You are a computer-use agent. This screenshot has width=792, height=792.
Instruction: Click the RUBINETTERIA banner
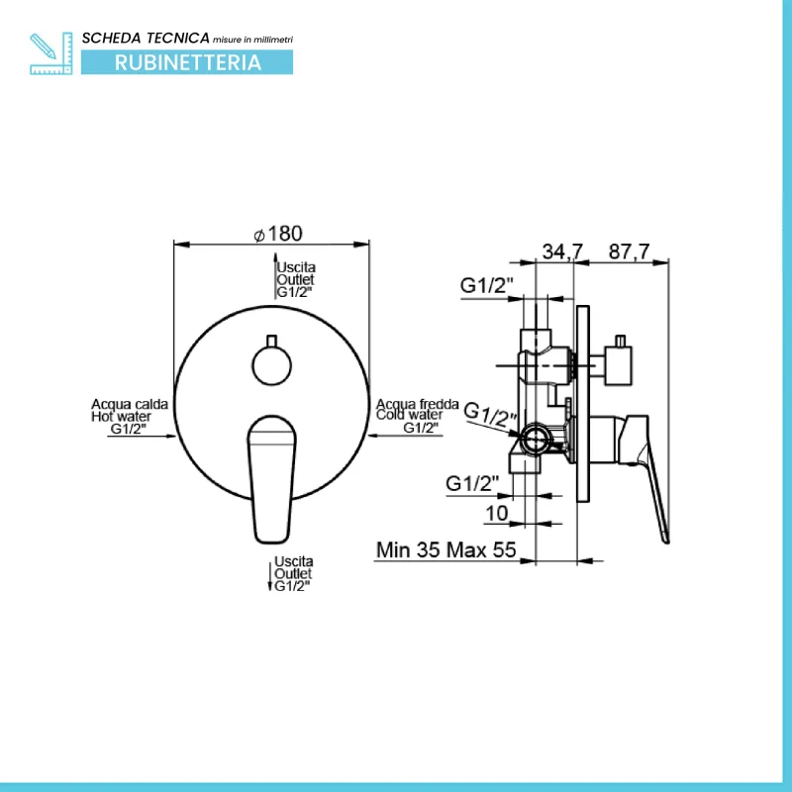click(x=187, y=62)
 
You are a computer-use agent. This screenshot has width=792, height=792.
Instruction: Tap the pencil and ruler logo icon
click(x=51, y=53)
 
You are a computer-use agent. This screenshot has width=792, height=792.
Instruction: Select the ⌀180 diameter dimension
click(x=278, y=234)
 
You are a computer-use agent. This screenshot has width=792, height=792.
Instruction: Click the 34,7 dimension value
click(x=562, y=251)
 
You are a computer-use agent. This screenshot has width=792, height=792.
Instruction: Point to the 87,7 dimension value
click(x=629, y=251)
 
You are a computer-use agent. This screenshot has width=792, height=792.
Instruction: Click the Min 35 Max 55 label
click(x=446, y=549)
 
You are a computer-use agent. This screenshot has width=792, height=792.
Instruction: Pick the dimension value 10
click(x=497, y=513)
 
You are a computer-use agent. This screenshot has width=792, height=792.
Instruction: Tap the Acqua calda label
click(x=130, y=404)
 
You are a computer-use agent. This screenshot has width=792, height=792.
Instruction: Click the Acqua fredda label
click(x=417, y=404)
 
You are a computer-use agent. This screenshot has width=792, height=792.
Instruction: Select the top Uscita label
click(x=296, y=267)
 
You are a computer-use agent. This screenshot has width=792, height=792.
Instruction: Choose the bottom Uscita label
click(x=293, y=561)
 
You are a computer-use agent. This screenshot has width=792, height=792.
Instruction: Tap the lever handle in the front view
click(x=271, y=479)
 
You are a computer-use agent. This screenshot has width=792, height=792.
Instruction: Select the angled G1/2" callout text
click(x=490, y=415)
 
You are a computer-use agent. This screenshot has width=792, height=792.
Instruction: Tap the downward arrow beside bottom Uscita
click(x=269, y=576)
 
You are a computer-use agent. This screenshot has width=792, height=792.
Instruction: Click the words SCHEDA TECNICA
click(x=146, y=38)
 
